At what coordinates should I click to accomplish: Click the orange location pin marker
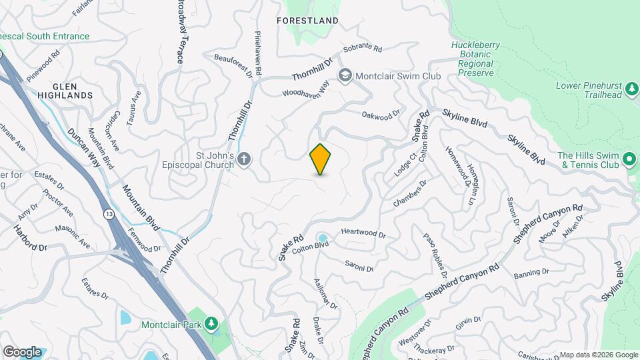pyautogui.click(x=321, y=159)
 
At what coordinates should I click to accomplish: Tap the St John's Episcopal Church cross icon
pyautogui.click(x=244, y=159)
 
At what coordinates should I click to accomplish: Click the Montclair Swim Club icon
pyautogui.click(x=345, y=75)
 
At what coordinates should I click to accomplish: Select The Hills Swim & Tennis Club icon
pyautogui.click(x=629, y=159)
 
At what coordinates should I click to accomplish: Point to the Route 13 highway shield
pyautogui.click(x=107, y=213)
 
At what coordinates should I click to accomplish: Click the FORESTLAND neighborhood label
pyautogui.click(x=307, y=21)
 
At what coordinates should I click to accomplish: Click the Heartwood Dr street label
pyautogui.click(x=363, y=234)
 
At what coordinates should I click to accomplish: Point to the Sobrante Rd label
pyautogui.click(x=363, y=49)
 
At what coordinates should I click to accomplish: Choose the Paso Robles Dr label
pyautogui.click(x=435, y=254)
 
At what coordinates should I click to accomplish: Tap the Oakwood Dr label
pyautogui.click(x=381, y=115)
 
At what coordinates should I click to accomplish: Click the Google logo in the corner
pyautogui.click(x=22, y=351)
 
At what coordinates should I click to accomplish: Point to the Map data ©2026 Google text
pyautogui.click(x=598, y=355)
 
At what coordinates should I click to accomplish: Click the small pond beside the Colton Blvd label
pyautogui.click(x=323, y=238)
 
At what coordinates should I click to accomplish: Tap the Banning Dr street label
pyautogui.click(x=531, y=273)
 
